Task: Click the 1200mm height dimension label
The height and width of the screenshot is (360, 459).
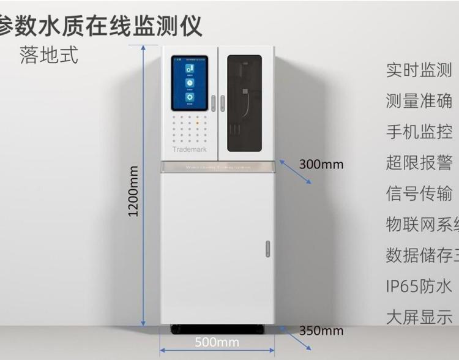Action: [x=133, y=190]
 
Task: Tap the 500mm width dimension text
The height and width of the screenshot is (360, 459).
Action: [x=217, y=342]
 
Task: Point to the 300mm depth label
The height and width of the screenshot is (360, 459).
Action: [x=321, y=164]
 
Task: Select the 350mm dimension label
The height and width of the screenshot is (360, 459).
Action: [x=321, y=331]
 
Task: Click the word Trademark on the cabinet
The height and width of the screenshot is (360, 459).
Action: [x=190, y=149]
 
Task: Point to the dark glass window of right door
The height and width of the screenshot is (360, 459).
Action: [x=244, y=104]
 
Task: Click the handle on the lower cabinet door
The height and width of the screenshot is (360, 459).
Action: [x=267, y=249]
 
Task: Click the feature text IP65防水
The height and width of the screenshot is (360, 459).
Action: [x=419, y=286]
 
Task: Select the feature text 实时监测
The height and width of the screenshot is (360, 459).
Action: [x=419, y=70]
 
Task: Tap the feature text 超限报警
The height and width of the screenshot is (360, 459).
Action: [x=419, y=162]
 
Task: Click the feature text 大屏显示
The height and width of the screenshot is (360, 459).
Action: [x=419, y=317]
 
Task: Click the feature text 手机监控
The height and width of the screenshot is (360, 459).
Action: [x=419, y=132]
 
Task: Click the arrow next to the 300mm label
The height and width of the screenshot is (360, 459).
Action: [x=296, y=171]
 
